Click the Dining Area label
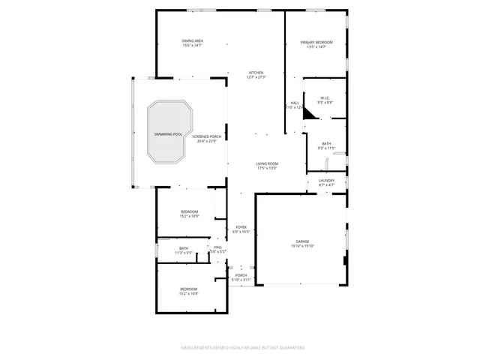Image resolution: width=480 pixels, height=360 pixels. (x=192, y=40)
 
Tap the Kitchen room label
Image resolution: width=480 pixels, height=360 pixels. (x=256, y=73)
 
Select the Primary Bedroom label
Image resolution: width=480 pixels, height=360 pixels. (x=316, y=42)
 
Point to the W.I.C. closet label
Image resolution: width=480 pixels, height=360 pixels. (x=325, y=97)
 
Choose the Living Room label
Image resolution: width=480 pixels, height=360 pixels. (x=267, y=163)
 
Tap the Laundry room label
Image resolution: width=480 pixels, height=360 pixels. (x=326, y=180)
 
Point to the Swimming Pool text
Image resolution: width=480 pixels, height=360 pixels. (x=168, y=133)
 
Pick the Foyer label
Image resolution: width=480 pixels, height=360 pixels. (x=241, y=226)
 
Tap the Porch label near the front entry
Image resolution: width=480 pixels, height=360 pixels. (x=241, y=274)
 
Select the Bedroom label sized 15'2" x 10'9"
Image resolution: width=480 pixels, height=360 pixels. (x=189, y=211)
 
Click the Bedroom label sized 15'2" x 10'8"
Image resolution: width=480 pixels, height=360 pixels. (x=188, y=289)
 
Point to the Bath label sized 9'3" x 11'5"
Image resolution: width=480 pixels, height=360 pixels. (x=326, y=143)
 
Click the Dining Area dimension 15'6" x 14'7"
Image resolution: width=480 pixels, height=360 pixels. (x=192, y=46)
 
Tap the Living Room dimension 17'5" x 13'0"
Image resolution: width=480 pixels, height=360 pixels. (x=267, y=169)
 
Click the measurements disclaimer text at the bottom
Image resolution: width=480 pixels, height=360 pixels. (x=242, y=347)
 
